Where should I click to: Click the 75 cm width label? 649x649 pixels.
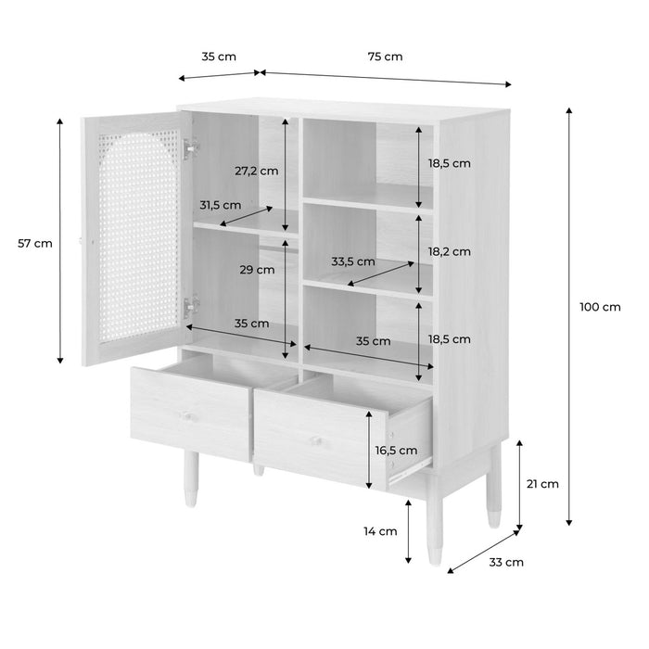(385, 57)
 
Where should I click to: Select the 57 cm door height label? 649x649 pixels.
(35, 244)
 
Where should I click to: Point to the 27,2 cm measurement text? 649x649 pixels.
(257, 171)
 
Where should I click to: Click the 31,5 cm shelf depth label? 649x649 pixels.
(220, 205)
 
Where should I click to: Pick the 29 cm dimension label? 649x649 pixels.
(257, 271)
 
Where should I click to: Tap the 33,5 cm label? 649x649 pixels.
(353, 261)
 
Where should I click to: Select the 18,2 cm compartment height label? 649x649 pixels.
(449, 251)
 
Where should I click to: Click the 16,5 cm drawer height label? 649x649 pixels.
(396, 450)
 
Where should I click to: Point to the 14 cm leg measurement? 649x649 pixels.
(381, 531)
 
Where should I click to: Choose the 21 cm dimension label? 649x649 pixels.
(543, 483)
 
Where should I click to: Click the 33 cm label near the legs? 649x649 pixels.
(507, 562)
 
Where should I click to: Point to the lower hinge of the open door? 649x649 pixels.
(192, 303)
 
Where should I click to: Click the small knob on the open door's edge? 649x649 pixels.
(83, 242)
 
